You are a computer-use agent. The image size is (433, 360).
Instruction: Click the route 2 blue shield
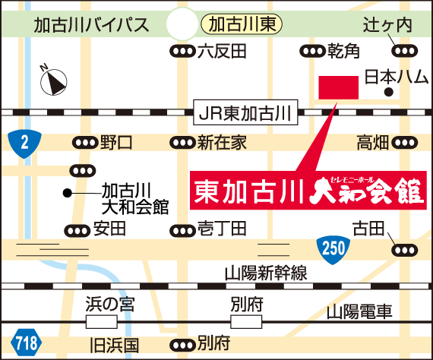point(24,144)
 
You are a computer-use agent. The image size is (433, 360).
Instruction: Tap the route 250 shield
point(333,249)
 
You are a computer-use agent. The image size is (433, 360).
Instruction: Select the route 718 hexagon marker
point(27,343)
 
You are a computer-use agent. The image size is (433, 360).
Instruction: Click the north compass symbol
point(54,81)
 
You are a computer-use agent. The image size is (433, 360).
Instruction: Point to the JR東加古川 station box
point(245,112)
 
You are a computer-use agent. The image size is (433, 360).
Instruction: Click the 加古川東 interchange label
point(242,24)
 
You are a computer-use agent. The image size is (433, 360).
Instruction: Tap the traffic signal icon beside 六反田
point(182,51)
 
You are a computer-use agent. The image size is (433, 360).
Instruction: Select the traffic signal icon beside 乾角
point(313,51)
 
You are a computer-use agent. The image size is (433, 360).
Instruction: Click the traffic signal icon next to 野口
point(85,143)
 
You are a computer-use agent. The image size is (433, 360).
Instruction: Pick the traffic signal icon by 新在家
point(182,143)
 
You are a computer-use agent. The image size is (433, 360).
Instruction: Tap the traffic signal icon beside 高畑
point(405,143)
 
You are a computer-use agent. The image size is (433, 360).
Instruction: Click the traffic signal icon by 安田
point(77,231)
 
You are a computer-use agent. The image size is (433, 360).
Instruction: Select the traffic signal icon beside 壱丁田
point(182,231)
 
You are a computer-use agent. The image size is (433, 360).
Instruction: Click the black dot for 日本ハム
point(389,92)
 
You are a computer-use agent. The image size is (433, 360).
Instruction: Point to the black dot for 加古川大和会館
point(67,193)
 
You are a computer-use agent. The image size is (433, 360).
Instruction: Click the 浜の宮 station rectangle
point(102,322)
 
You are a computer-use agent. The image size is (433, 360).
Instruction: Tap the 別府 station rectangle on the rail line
point(246,322)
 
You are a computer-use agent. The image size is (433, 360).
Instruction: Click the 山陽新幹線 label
point(266,273)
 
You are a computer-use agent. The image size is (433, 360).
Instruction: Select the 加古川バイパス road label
point(91,25)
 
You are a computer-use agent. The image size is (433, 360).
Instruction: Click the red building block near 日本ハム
point(339,87)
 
